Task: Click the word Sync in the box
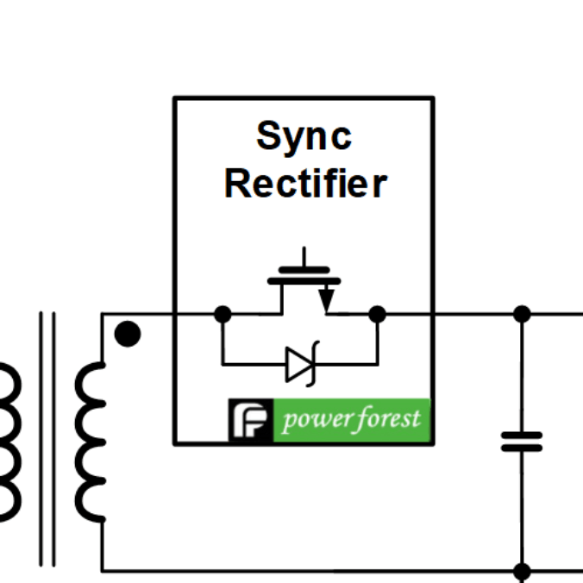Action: [304, 136]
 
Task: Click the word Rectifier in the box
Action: [305, 184]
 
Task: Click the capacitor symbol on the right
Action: [522, 442]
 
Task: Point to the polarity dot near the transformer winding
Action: [127, 334]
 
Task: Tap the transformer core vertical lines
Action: [47, 440]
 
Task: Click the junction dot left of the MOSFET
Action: [223, 314]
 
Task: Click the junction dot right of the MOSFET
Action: [377, 314]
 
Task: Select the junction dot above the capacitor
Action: [522, 314]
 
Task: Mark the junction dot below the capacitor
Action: [522, 571]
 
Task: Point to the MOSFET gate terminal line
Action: [304, 259]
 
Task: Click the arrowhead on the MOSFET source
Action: [326, 301]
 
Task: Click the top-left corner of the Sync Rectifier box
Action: [175, 98]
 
